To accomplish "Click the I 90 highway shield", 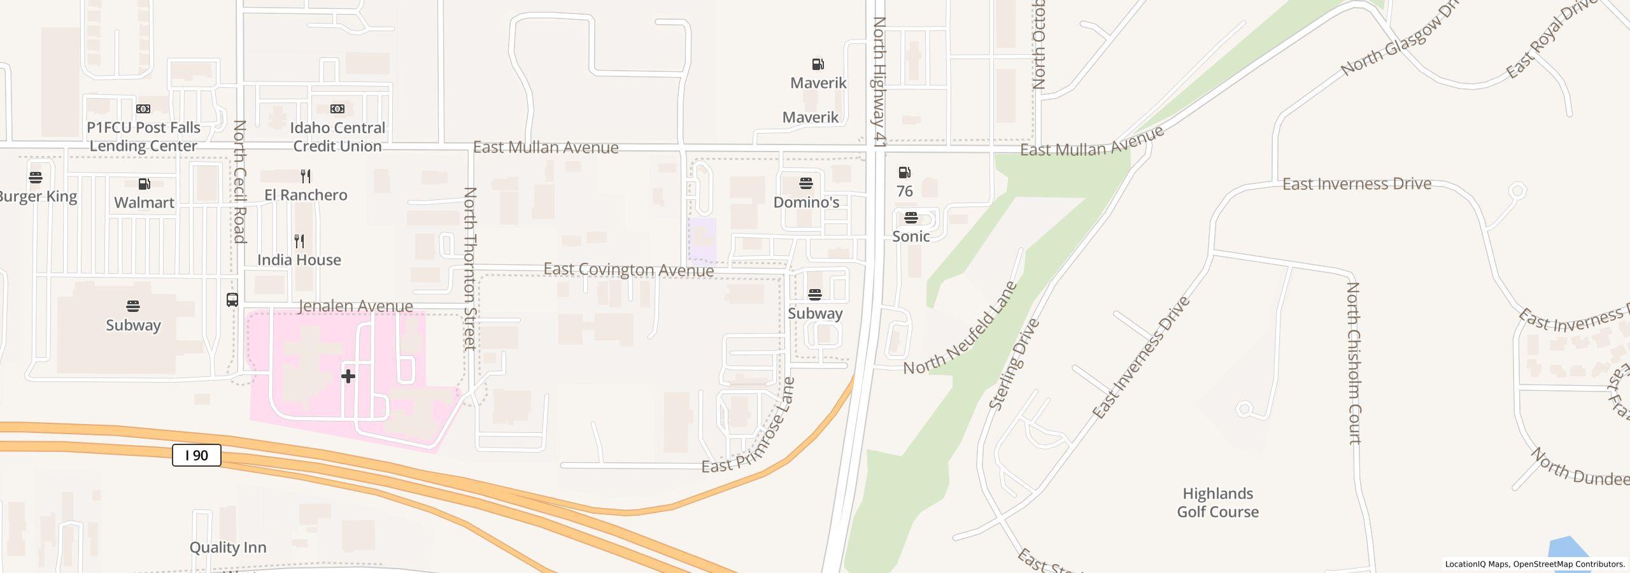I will tap(196, 455).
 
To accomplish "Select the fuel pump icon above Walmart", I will tap(145, 184).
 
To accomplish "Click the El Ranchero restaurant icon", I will tap(306, 176).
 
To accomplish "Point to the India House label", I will tap(299, 260).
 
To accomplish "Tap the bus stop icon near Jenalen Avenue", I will tap(232, 299).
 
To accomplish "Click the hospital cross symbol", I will tap(348, 376).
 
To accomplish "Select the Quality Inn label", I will tap(228, 548).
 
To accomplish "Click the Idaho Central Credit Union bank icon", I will tap(337, 109).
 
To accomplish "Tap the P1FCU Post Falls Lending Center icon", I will tap(143, 109).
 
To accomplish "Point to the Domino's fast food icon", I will tap(806, 184).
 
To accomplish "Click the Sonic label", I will tap(911, 236).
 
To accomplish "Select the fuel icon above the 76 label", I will tap(904, 173).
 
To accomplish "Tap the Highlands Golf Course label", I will tap(1217, 502).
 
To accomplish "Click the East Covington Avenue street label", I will tap(628, 270).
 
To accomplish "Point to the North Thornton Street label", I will tap(470, 268).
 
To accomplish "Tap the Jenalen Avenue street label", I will tap(355, 306).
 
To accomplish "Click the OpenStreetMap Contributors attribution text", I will tap(1568, 564).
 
